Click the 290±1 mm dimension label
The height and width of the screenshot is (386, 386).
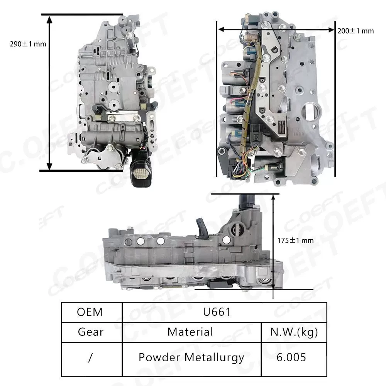click(x=28, y=44)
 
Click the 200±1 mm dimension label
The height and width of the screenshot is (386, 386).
click(x=356, y=30)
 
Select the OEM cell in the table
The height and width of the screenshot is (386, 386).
click(x=90, y=312)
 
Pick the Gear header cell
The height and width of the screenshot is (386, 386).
click(x=91, y=332)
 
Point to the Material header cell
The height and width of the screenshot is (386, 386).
click(x=190, y=332)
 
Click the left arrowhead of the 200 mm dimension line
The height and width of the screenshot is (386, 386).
click(x=221, y=29)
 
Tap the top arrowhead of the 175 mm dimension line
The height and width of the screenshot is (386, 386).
click(x=273, y=196)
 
